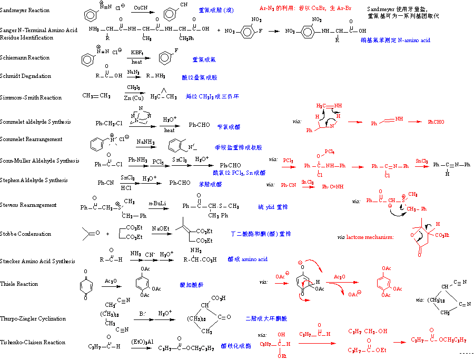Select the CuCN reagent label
pyautogui.click(x=140, y=8)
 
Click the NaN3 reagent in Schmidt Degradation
pyautogui.click(x=133, y=72)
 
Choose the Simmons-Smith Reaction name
pyautogui.click(x=31, y=97)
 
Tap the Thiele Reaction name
pyautogui.click(x=20, y=284)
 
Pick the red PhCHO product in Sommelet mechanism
pyautogui.click(x=436, y=122)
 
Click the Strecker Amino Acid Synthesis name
pyautogui.click(x=37, y=261)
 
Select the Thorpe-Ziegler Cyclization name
pyautogui.click(x=33, y=318)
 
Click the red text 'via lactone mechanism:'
pyautogui.click(x=365, y=237)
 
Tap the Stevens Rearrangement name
pyautogui.click(x=28, y=205)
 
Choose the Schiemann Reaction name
pyautogui.click(x=25, y=57)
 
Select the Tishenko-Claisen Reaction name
pyautogui.click(x=33, y=342)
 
